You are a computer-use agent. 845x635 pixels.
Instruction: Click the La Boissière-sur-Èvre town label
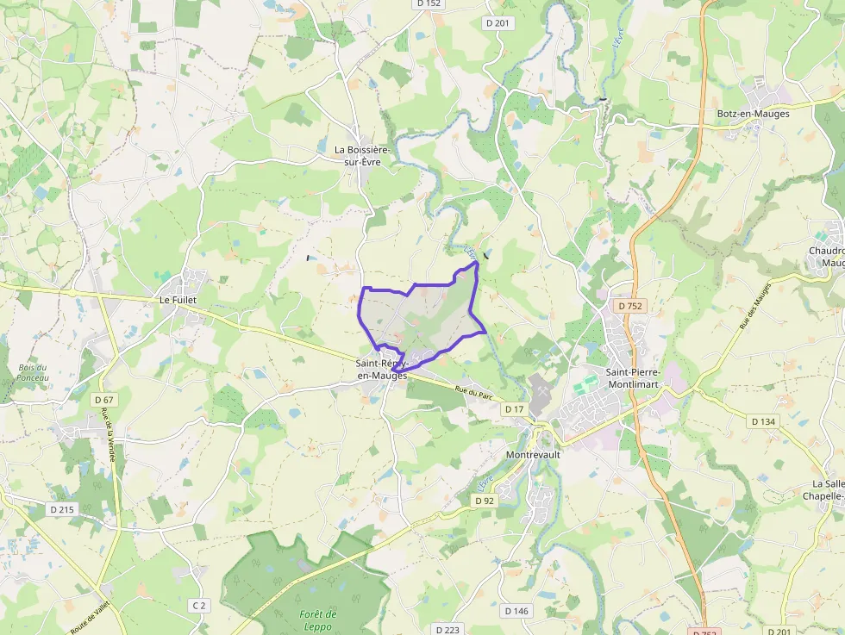362,155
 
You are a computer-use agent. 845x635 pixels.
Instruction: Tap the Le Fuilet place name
178,300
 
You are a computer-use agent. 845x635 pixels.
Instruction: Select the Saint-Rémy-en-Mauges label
381,370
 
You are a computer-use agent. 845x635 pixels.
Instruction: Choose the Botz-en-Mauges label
753,113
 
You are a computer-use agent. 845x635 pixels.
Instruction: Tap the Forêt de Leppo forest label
318,619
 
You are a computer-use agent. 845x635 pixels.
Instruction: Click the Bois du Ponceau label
33,372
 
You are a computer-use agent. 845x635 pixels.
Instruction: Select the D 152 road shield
428,3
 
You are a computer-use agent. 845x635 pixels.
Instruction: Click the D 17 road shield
514,408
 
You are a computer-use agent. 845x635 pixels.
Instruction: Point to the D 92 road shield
485,501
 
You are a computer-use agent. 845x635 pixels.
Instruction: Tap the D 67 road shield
103,400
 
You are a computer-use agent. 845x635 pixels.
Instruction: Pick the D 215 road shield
62,509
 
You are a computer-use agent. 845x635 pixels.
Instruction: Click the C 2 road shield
199,606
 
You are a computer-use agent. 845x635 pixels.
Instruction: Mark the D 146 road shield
516,611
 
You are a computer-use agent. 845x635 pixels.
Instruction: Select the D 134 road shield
763,421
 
